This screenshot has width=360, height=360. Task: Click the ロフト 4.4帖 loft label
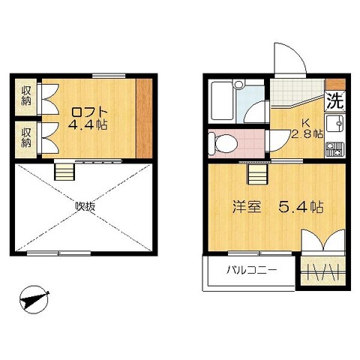(88, 118)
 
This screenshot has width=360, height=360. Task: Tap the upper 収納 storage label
(26, 96)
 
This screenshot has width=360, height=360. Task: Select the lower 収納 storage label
(26, 137)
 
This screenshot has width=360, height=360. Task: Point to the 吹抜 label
(85, 206)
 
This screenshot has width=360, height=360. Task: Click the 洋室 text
(247, 207)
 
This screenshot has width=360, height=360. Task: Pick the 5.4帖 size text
(301, 207)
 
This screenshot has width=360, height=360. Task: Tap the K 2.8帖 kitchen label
(307, 128)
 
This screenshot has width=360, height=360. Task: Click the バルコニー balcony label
(251, 270)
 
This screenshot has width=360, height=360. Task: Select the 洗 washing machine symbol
(335, 101)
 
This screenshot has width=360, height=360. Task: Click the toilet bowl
(223, 144)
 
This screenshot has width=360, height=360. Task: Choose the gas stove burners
(334, 149)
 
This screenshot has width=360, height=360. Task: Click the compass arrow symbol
(34, 299)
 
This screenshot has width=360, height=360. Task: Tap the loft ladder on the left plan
(64, 172)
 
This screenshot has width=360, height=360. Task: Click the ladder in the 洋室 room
(258, 174)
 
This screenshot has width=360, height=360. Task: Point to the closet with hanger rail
(323, 271)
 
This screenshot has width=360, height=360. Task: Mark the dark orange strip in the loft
(144, 118)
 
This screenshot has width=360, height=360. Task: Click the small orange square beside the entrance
(335, 84)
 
